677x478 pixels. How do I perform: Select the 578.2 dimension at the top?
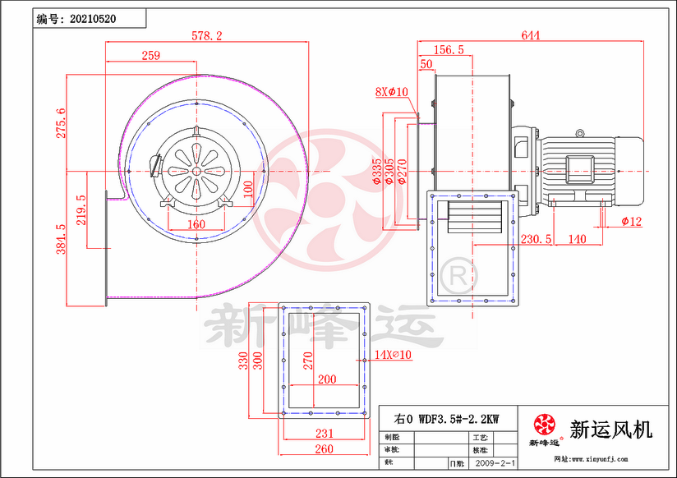206,35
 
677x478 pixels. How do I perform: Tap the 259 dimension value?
150,55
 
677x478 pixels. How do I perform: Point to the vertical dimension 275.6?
59,123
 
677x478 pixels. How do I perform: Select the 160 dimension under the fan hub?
196,223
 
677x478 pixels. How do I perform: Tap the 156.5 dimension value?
449,49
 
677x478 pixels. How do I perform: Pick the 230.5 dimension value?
537,239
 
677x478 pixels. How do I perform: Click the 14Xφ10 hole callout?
392,354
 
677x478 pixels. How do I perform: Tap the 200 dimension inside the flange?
326,379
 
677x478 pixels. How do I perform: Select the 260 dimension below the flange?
324,449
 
